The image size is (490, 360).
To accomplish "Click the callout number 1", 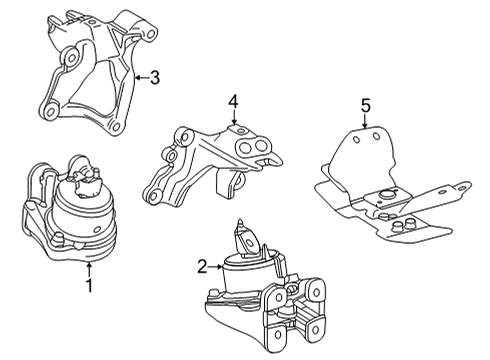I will point(88,285).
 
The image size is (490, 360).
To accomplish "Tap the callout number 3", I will point(155,76).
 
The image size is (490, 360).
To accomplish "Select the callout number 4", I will point(233,101).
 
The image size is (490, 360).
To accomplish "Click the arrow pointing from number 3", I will point(140,76).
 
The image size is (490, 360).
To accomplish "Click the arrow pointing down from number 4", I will point(233,118).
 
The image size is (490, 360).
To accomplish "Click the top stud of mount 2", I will point(241,226).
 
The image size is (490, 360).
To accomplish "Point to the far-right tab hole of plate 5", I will point(462,184).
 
